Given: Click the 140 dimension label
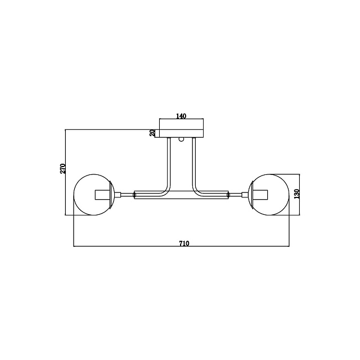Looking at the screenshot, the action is [x=181, y=116].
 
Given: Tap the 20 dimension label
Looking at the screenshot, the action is [x=152, y=133].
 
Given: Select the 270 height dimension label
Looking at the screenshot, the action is [x=62, y=169].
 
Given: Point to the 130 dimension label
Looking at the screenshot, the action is [x=297, y=193].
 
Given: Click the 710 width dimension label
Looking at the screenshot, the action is [x=184, y=243].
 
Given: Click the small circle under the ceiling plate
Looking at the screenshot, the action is [x=181, y=139].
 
